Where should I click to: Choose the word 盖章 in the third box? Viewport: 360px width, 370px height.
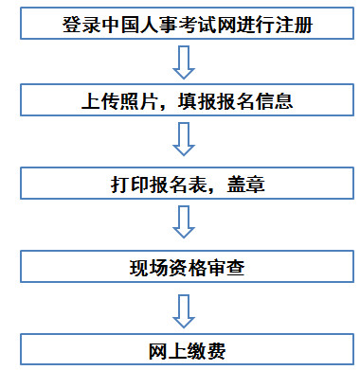click(x=245, y=183)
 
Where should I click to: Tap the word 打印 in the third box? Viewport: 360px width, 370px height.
click(x=129, y=183)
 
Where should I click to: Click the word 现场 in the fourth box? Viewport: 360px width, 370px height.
click(x=146, y=264)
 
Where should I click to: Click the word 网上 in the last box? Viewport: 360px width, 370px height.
click(x=162, y=348)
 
